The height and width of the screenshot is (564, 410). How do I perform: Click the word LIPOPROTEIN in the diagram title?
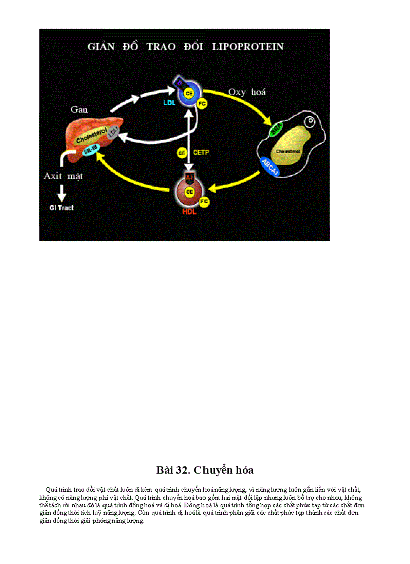coord(248,47)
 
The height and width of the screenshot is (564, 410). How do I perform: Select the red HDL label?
coord(189,212)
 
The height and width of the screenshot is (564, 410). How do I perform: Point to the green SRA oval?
coord(275,130)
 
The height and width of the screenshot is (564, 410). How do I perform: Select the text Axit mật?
coord(63,176)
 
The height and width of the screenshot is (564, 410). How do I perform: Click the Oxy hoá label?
coord(247,92)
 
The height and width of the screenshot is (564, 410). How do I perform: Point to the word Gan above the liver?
coord(79,109)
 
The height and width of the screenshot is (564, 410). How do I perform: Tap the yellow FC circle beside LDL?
coord(202,104)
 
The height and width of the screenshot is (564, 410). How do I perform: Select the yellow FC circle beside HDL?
coord(204,201)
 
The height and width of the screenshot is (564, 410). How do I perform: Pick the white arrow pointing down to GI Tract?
coord(63,192)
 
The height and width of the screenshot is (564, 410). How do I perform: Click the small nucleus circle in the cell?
coord(312,122)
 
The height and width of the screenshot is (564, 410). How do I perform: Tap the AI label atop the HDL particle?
coord(189,177)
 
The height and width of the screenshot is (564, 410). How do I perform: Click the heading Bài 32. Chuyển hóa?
coord(204,470)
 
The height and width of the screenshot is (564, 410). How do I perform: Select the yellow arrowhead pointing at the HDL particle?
coord(213,189)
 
